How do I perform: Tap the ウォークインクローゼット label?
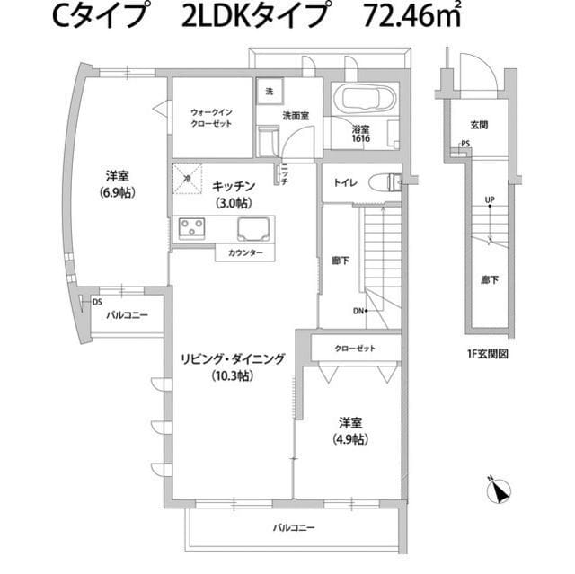(212, 119)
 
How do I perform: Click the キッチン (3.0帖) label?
(234, 193)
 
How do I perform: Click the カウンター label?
(245, 253)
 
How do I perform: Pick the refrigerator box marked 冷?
(187, 178)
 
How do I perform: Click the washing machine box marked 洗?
(268, 91)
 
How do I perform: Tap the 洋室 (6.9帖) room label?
(117, 183)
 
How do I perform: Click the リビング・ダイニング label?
(233, 366)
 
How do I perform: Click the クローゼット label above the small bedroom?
(354, 348)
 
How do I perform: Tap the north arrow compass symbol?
(499, 490)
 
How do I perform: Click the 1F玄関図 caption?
(488, 353)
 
